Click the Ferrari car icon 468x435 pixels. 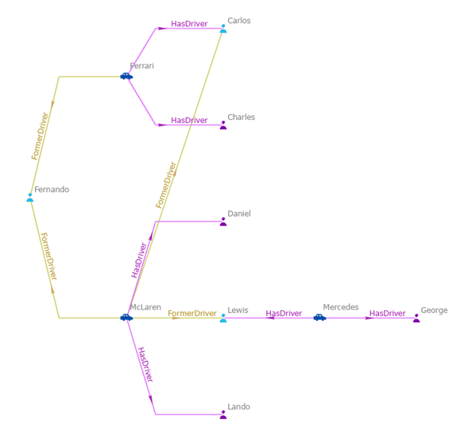126,76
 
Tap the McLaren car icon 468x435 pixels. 126,318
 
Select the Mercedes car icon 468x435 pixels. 319,318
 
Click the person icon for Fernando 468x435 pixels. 30,197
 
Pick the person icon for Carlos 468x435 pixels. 223,29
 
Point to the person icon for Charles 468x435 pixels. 223,125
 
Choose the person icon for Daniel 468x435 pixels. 223,221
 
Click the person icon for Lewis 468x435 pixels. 223,318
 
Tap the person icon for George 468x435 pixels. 416,318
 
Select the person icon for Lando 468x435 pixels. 223,414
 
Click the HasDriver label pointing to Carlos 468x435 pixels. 189,24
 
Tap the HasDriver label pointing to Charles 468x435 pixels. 189,120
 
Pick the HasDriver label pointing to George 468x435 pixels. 388,314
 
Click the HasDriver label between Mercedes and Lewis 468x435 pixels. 284,314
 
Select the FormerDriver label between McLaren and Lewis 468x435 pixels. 192,314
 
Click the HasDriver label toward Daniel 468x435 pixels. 140,260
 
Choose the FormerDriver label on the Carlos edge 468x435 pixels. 166,186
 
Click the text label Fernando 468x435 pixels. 52,190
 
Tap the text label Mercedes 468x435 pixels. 341,307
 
